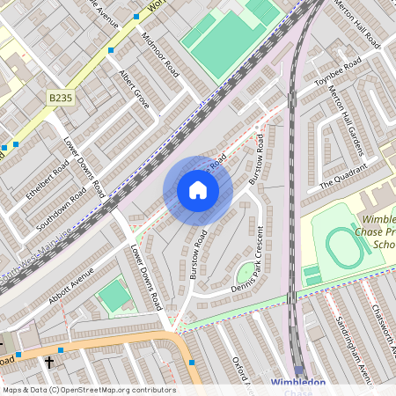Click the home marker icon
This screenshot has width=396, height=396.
tap(198, 190)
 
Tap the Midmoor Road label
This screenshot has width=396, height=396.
tap(160, 55)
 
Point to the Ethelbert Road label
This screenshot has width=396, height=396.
tap(48, 180)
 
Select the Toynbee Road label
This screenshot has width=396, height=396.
tap(338, 74)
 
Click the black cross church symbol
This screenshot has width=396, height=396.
tap(49, 362)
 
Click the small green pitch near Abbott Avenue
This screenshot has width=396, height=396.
tap(114, 296)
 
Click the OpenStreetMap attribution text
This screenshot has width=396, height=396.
tap(89, 389)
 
